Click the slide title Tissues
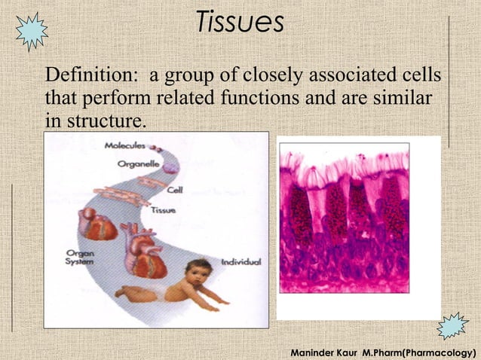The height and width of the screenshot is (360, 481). click(x=240, y=22)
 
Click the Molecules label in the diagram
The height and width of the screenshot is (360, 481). click(x=125, y=145)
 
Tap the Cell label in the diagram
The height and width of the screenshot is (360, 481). click(x=174, y=190)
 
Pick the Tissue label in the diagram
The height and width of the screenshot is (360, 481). click(x=164, y=210)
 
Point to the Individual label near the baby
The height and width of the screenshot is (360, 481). click(x=240, y=262)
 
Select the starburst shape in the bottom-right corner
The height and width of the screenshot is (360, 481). click(x=453, y=325)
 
